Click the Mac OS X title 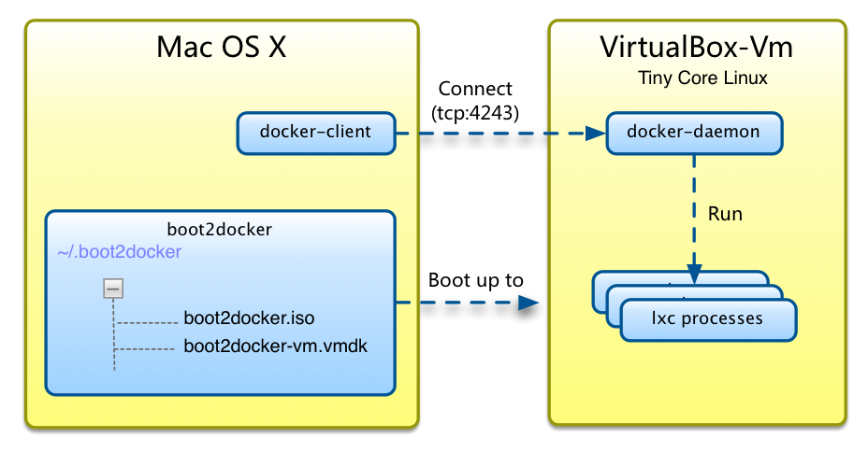[x=221, y=48]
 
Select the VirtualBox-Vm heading [x=697, y=48]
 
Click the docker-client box [x=315, y=132]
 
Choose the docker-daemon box [x=693, y=133]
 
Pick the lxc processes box [x=707, y=319]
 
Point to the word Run [x=725, y=214]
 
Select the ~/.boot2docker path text [x=119, y=252]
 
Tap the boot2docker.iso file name [x=250, y=318]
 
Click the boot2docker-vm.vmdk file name [x=276, y=346]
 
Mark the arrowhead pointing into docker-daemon [x=596, y=133]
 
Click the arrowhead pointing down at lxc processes [x=693, y=276]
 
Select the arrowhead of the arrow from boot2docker [x=529, y=302]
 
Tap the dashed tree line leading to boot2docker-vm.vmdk [x=145, y=350]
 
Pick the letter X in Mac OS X [x=276, y=48]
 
